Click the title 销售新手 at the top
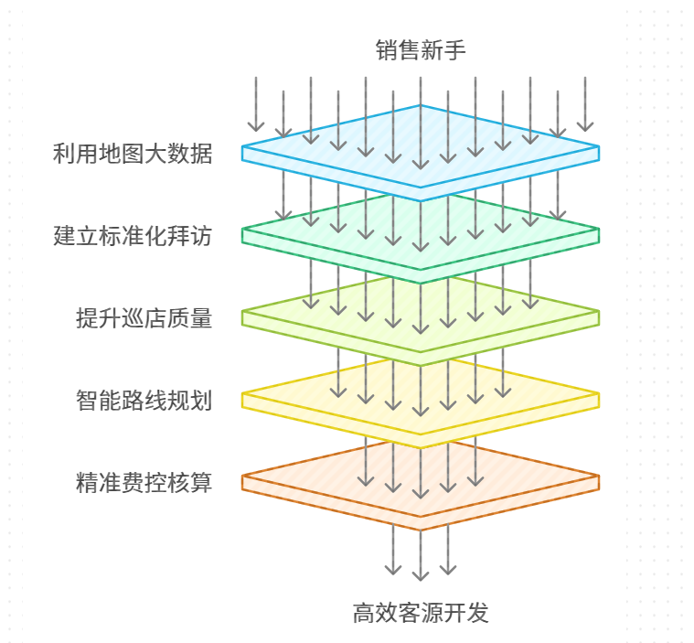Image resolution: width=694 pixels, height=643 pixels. pyautogui.click(x=421, y=50)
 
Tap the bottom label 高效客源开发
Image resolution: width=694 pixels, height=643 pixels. pyautogui.click(x=421, y=613)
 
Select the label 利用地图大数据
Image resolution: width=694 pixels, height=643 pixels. pyautogui.click(x=133, y=154)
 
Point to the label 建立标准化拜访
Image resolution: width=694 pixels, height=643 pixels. pyautogui.click(x=133, y=236)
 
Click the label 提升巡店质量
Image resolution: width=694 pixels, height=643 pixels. pyautogui.click(x=144, y=318)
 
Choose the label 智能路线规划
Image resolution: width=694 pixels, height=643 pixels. pyautogui.click(x=144, y=401)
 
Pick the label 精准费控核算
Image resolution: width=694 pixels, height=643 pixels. pyautogui.click(x=144, y=483)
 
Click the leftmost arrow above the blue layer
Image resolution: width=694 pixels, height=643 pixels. pyautogui.click(x=256, y=104)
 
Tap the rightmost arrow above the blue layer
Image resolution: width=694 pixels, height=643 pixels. pyautogui.click(x=585, y=104)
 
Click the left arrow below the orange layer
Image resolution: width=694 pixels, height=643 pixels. pyautogui.click(x=393, y=549)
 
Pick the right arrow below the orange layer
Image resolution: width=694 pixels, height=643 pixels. pyautogui.click(x=448, y=549)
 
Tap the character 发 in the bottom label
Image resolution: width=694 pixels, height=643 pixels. pyautogui.click(x=478, y=613)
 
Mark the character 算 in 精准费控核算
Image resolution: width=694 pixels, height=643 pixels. pyautogui.click(x=201, y=483)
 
